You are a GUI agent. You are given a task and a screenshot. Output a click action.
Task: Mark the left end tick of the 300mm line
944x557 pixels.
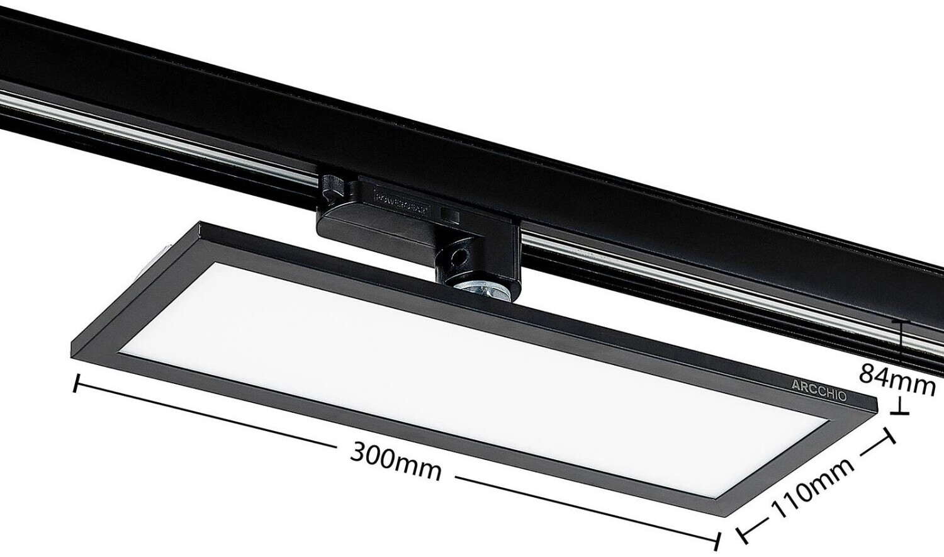[77, 383]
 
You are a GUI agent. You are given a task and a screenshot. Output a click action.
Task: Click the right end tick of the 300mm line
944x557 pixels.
[718, 540]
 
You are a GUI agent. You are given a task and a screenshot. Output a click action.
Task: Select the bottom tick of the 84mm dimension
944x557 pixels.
[901, 413]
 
